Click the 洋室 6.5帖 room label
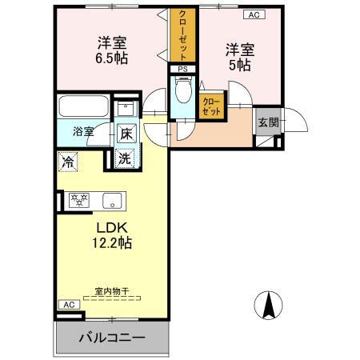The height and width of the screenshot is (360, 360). tap(112, 50)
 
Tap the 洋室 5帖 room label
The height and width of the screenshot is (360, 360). tap(239, 57)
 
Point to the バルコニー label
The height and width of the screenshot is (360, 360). tap(111, 338)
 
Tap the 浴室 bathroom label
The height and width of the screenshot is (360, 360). tap(84, 130)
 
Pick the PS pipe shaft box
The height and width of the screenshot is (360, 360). tap(183, 70)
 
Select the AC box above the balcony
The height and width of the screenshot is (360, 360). tap(68, 305)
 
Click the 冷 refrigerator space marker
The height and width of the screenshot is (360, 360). tap(69, 160)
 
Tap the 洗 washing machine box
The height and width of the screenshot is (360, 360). tap(126, 158)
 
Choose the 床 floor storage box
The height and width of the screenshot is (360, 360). tap(126, 134)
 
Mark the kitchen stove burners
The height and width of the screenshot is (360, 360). tap(79, 199)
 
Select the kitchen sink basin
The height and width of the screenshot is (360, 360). tap(111, 199)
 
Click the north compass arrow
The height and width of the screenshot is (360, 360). tap(269, 305)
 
